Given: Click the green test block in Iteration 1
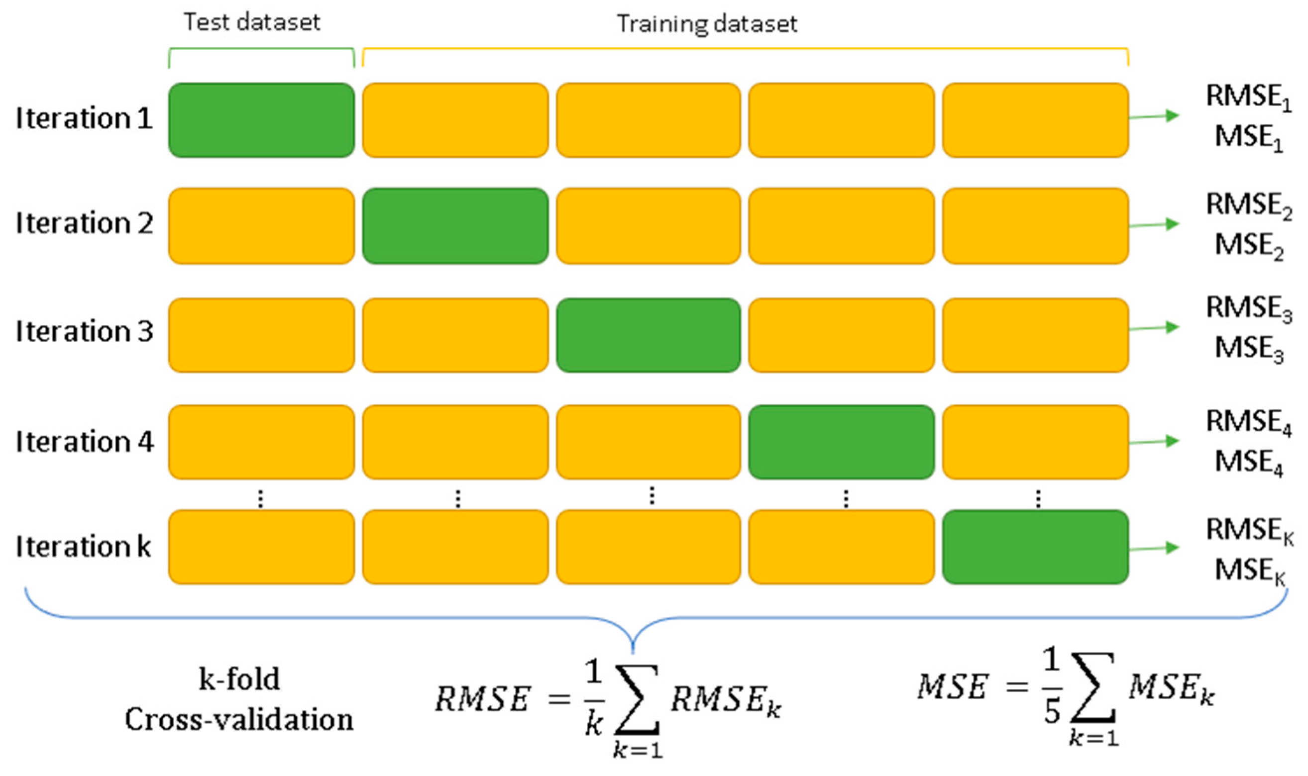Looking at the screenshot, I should click(261, 120).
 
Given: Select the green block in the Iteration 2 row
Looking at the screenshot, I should click(455, 226).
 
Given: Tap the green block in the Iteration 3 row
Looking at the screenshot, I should click(648, 335).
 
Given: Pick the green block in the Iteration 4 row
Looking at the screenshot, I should click(841, 442).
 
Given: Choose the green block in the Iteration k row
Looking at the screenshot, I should click(1035, 547).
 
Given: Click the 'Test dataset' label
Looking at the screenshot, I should click(252, 22).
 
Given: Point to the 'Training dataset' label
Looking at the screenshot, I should click(707, 24).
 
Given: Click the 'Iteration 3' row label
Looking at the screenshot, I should click(85, 331).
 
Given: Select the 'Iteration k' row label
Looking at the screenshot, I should click(84, 547).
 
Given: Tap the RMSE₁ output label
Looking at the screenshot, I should click(1248, 98).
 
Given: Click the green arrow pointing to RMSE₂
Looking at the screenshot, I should click(1153, 225).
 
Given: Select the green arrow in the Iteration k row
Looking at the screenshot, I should click(1153, 549).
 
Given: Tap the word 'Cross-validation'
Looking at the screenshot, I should click(239, 719).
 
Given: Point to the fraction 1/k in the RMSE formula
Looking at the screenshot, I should click(594, 698).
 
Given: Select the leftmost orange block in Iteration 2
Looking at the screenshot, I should click(261, 226).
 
